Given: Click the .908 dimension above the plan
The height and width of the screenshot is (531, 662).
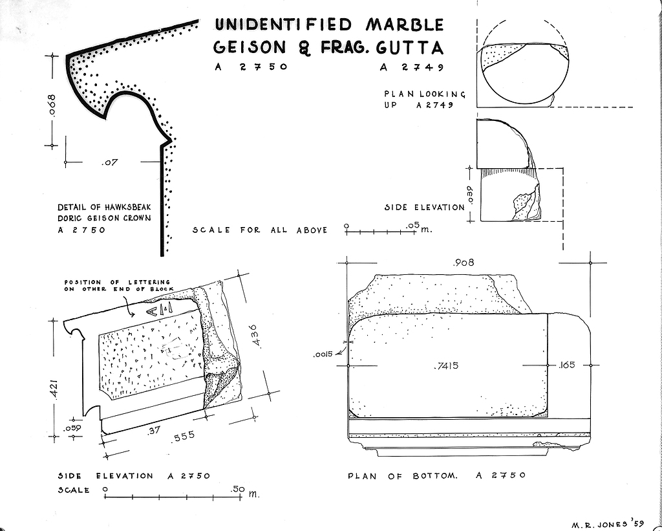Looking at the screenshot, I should point(465,263).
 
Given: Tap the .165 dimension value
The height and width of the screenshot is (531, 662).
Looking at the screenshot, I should point(568,366).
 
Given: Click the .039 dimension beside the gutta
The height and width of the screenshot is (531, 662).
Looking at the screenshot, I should point(470,194).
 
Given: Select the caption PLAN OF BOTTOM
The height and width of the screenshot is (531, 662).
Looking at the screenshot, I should point(402,476).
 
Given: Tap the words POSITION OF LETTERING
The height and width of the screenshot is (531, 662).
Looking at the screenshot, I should point(117,283).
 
